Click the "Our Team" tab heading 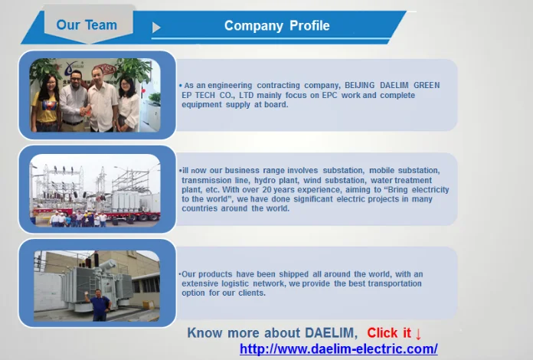[87, 25]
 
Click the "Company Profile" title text [276, 26]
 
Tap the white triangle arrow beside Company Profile [156, 28]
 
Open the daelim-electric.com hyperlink [338, 349]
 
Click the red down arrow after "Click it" [418, 334]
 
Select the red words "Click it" [389, 332]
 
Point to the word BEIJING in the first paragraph [360, 85]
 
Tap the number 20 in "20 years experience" [266, 189]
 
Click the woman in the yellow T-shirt [46, 103]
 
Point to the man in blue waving [99, 305]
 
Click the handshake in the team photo [84, 111]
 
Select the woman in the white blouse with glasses [129, 104]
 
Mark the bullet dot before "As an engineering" [181, 85]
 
